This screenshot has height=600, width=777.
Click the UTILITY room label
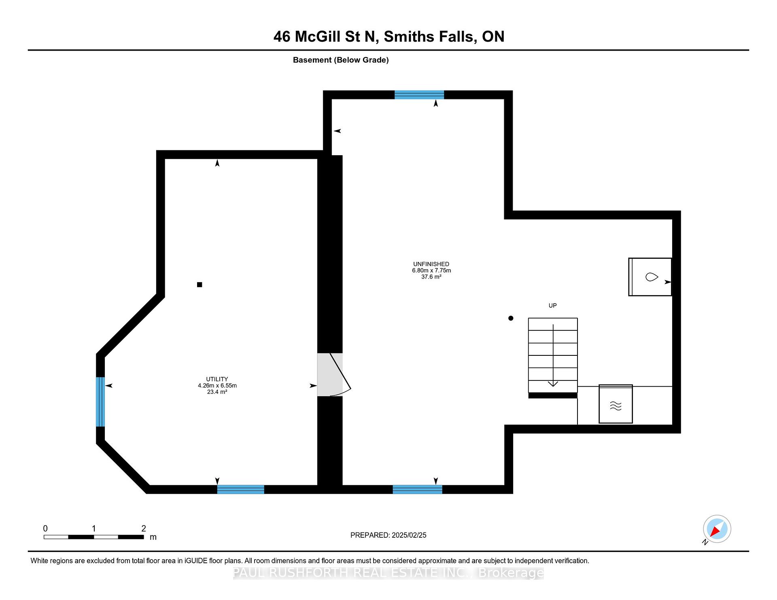click(x=217, y=379)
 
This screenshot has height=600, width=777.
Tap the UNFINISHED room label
click(x=431, y=264)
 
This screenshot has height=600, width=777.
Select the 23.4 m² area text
click(x=217, y=392)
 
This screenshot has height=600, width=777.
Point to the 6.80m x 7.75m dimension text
click(x=431, y=270)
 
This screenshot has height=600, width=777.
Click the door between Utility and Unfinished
click(x=334, y=375)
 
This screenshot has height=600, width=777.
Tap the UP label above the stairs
click(x=552, y=306)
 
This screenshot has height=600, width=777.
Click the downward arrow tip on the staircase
click(x=553, y=386)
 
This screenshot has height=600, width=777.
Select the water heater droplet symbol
click(x=651, y=277)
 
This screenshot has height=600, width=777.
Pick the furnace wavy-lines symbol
click(x=616, y=406)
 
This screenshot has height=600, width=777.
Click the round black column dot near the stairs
click(x=511, y=318)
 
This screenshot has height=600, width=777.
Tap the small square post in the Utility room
click(x=200, y=285)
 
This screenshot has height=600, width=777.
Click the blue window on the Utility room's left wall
click(x=100, y=402)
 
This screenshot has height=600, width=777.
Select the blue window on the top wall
click(x=419, y=95)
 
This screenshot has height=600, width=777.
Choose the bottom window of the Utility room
click(x=241, y=489)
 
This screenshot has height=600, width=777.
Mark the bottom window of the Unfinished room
click(x=418, y=489)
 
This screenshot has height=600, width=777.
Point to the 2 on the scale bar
click(x=144, y=528)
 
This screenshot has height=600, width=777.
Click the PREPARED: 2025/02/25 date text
click(x=388, y=535)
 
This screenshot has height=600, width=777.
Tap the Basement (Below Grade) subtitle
click(x=341, y=60)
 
